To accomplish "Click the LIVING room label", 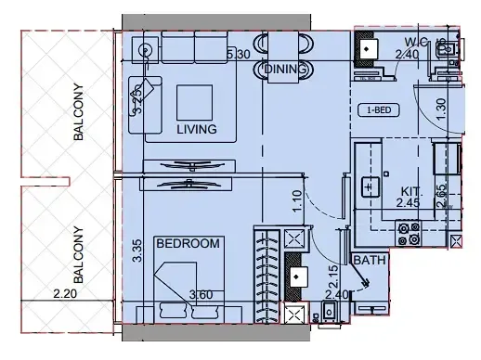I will point(196,129).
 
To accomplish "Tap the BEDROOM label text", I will point(188,244).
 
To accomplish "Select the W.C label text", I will point(414,41).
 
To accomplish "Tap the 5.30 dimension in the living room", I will point(240,55).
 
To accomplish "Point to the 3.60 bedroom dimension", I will point(201,296).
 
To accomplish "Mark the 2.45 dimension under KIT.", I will point(408,201).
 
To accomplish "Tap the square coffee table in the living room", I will point(195,100).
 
